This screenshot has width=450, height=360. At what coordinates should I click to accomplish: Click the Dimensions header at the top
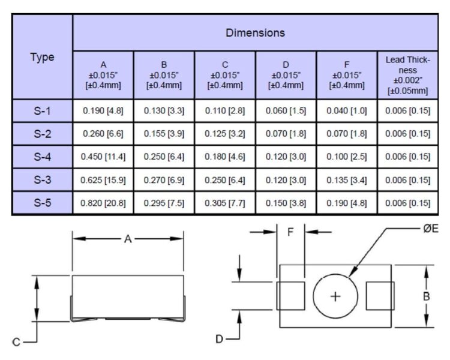click(x=255, y=33)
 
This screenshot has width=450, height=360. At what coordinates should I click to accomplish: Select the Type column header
click(x=42, y=58)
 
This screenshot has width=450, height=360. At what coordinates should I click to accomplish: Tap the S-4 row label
click(x=43, y=157)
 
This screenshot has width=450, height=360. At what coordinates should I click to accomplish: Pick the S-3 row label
click(x=43, y=180)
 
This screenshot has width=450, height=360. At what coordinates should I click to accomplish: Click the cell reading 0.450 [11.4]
click(x=103, y=157)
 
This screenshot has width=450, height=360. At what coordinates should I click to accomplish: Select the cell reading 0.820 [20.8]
click(x=103, y=203)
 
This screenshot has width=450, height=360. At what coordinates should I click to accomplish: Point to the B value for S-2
click(x=164, y=134)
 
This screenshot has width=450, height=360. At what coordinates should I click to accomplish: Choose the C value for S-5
click(x=225, y=203)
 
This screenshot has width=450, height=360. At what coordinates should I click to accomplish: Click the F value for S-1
click(x=347, y=110)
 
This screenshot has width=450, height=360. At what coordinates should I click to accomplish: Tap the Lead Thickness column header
click(x=407, y=75)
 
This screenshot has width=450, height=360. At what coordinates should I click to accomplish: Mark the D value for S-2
click(x=286, y=134)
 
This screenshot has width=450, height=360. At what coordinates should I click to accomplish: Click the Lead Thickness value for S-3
click(x=407, y=180)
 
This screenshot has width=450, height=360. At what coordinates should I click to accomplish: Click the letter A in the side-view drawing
click(x=128, y=239)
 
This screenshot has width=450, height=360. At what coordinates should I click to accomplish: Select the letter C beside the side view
click(x=16, y=342)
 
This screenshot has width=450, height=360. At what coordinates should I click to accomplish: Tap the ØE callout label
click(x=431, y=229)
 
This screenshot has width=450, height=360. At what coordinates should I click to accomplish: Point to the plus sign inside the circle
click(x=335, y=296)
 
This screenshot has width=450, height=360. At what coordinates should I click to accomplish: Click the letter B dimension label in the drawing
click(x=427, y=296)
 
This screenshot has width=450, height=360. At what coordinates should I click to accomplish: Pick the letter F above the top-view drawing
click(x=290, y=232)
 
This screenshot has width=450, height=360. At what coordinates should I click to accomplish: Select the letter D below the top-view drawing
click(x=219, y=339)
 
